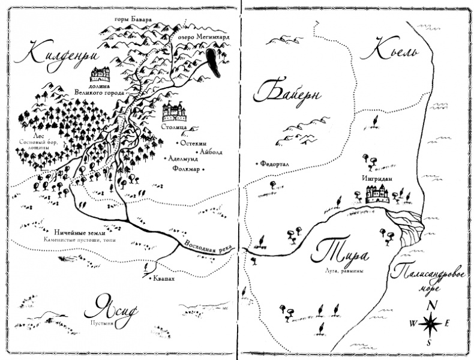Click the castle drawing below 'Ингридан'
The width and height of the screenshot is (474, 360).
(376, 194)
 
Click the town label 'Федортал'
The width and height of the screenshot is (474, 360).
(276, 163)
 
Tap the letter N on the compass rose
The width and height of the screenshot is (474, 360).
(431, 304)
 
